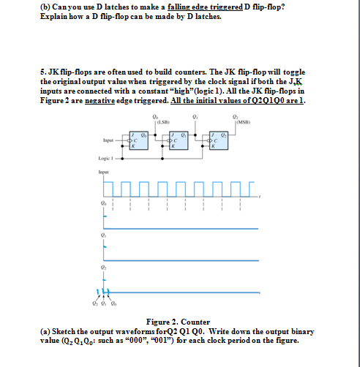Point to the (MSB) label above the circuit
[237, 121]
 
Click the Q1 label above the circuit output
[194, 116]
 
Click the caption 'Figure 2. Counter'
[179, 322]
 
